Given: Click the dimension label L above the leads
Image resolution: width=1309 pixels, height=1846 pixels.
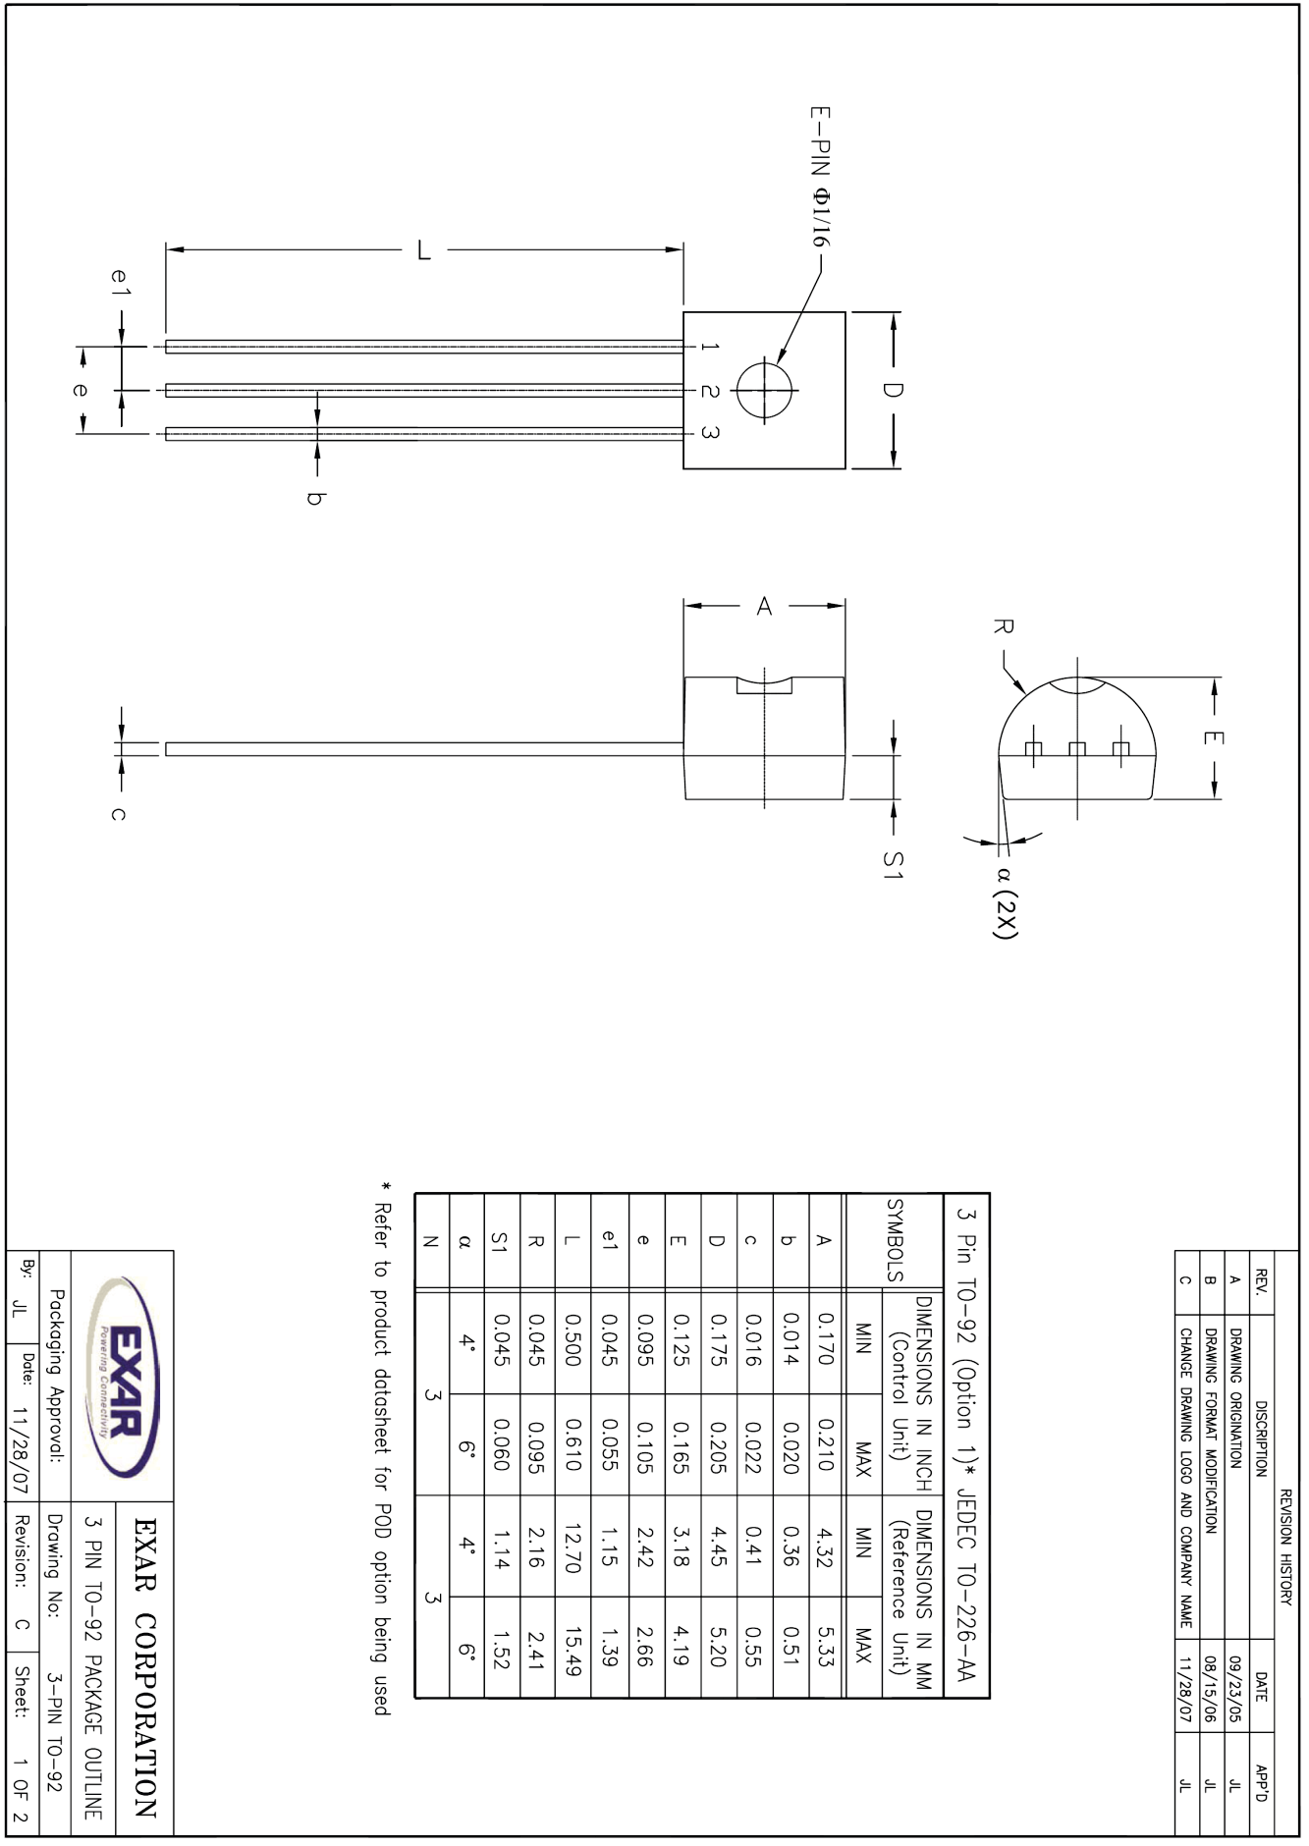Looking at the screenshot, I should point(424,250).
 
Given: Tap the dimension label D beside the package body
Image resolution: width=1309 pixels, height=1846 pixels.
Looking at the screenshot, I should point(892,390).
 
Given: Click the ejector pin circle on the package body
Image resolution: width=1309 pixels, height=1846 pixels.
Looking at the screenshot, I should point(765,390).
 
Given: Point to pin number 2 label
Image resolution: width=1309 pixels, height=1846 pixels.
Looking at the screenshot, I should point(710,391).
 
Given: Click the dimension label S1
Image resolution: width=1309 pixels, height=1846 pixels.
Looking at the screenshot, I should point(892,864).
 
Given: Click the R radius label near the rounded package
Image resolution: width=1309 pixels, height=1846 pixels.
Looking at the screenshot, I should point(1003,626).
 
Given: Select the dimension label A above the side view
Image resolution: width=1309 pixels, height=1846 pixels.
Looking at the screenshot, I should point(764,607).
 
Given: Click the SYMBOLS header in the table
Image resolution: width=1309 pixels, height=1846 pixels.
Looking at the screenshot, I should point(895,1239).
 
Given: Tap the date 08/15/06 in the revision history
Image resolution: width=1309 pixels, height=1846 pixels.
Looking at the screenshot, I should point(1211,1688).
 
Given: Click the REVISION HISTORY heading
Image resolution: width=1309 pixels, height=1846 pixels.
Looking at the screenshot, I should point(1285,1547).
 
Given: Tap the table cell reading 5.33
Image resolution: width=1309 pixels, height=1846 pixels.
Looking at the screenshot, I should point(826,1652).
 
